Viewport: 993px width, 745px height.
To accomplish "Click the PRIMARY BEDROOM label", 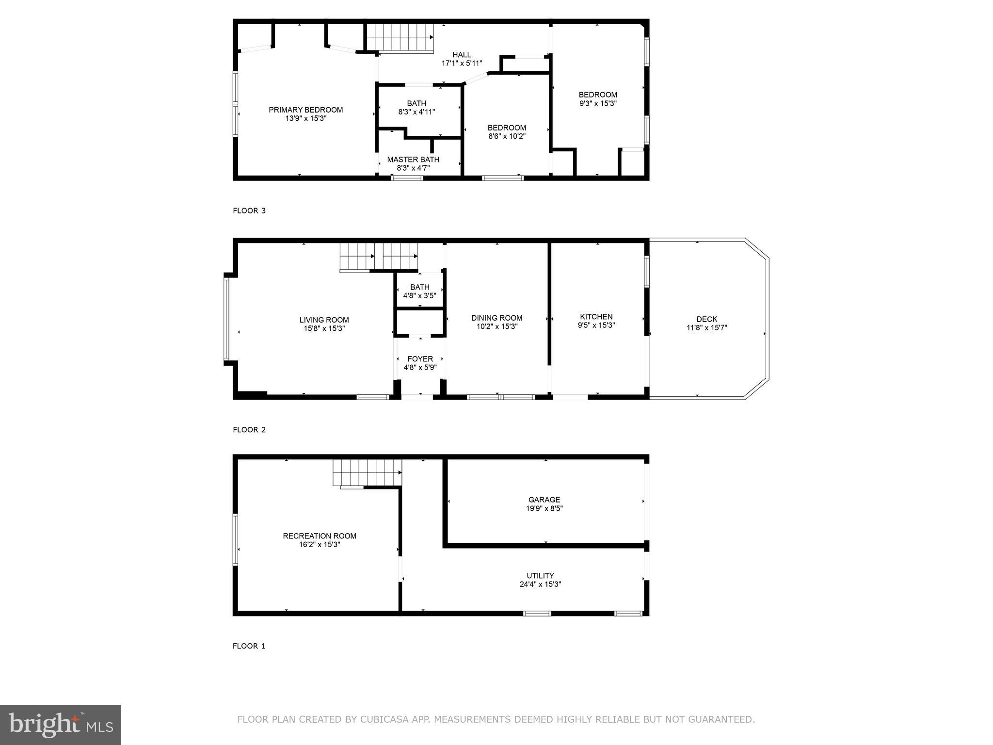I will [x=305, y=110].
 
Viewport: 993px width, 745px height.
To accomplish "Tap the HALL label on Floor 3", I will [x=462, y=55].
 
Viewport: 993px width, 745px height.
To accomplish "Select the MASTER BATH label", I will [x=413, y=160].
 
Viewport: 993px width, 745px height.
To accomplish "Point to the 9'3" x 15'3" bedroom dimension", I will [x=598, y=103].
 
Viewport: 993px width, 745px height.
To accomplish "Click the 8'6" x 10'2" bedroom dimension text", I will [x=507, y=136].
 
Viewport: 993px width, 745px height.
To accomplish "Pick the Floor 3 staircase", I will [x=399, y=37].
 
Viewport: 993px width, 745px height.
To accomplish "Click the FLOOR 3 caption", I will [x=249, y=211].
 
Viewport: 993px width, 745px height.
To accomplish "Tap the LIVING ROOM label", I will [x=324, y=320].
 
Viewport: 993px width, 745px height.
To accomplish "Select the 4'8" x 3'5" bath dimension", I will [x=419, y=295].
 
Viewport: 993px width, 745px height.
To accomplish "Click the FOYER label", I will [x=420, y=359].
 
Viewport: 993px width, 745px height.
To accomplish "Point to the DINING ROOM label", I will [x=496, y=318].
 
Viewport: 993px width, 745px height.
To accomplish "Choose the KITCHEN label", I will [x=596, y=317].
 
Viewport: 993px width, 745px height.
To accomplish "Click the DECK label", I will [x=706, y=319].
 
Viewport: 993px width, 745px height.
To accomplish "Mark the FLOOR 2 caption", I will [x=249, y=430].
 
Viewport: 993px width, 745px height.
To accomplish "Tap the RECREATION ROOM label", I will [x=320, y=536].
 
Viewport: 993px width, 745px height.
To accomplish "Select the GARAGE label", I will [x=544, y=500].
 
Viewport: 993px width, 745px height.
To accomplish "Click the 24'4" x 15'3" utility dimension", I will [x=540, y=584].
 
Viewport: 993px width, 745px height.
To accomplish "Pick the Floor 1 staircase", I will [x=367, y=472].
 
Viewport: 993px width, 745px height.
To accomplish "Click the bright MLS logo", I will [x=61, y=725].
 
